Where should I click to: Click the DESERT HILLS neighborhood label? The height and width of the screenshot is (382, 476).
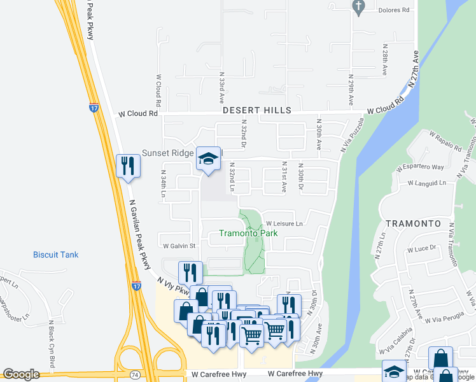click(257, 110)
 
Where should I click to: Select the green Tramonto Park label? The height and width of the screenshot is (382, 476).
click(248, 233)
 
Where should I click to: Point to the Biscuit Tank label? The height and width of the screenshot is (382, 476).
click(56, 255)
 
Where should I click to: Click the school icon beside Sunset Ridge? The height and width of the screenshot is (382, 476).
click(207, 159)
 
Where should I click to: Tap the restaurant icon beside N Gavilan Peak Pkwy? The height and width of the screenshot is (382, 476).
click(127, 167)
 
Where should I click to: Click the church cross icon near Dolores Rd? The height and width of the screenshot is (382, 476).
click(358, 8)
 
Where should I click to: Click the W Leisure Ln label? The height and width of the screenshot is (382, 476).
click(284, 224)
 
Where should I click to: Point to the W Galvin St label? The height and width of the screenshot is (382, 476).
click(178, 246)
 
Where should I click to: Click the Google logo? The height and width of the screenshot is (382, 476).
click(21, 374)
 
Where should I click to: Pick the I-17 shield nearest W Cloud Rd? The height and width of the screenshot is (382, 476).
click(94, 107)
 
